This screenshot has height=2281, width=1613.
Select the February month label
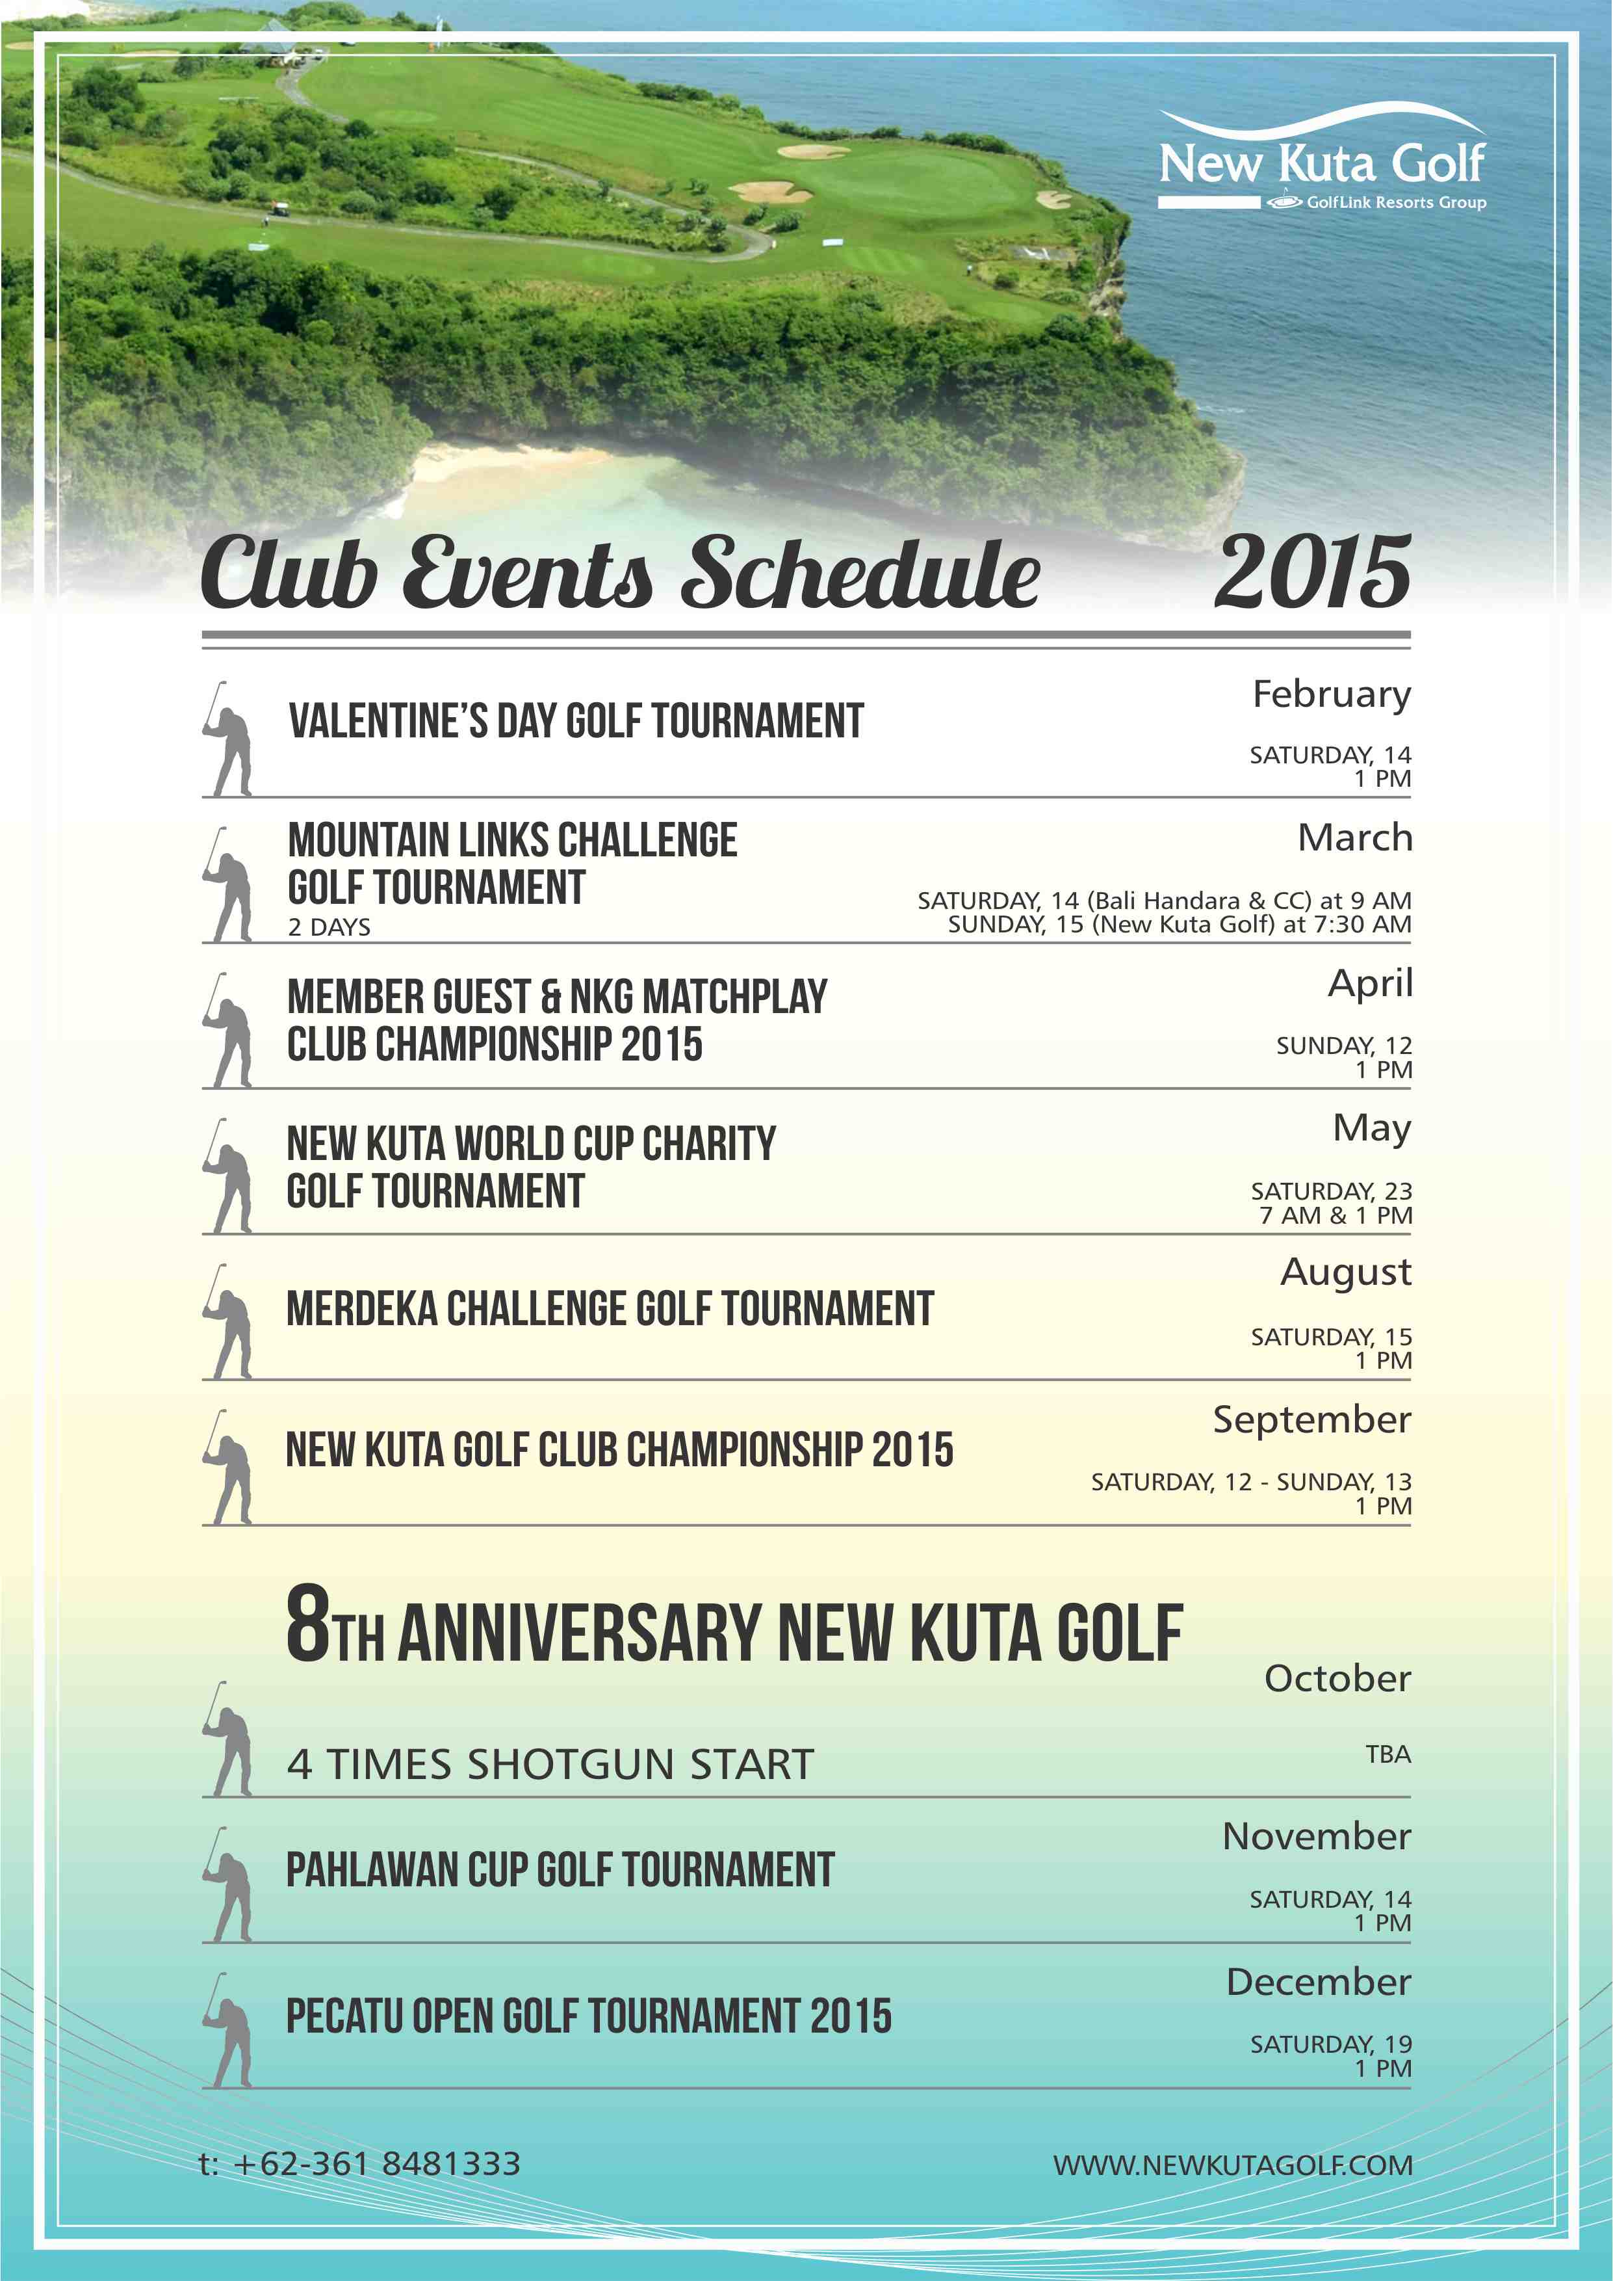tap(1331, 694)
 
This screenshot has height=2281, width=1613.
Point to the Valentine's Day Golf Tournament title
tap(576, 721)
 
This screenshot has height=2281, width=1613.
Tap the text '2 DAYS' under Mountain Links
tap(329, 927)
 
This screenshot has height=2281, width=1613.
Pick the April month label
tap(1370, 984)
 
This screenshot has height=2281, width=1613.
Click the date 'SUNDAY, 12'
tap(1343, 1045)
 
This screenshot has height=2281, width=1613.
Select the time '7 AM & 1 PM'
tap(1335, 1215)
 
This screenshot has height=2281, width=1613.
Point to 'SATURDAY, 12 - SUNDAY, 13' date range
tap(1250, 1481)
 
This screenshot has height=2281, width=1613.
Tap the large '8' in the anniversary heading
tap(308, 1624)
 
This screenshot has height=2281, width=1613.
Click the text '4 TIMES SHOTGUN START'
tap(550, 1765)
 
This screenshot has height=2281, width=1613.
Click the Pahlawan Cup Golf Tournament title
tap(560, 1869)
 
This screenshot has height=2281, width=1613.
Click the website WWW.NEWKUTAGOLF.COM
tap(1233, 2166)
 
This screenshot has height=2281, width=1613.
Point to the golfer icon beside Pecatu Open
tap(229, 2029)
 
